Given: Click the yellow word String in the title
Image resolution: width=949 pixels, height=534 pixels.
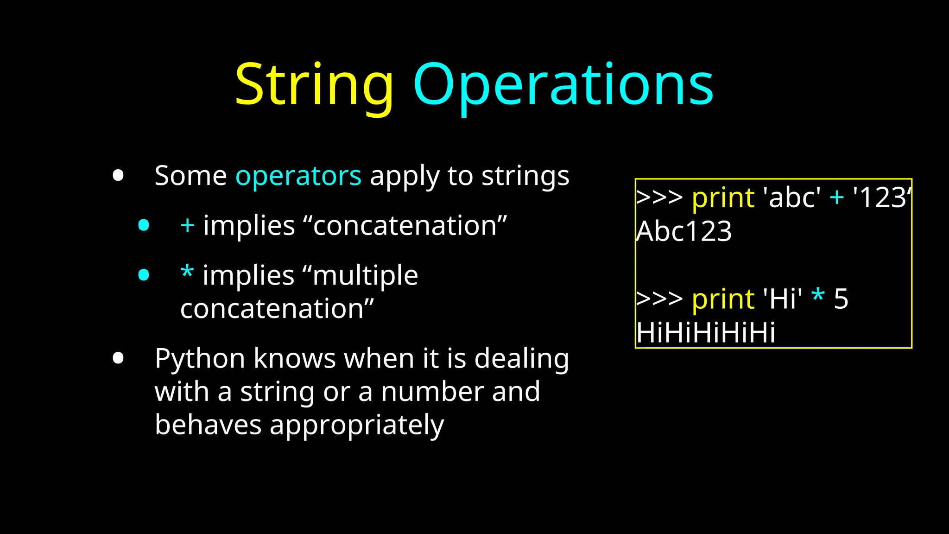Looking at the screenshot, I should click(314, 86).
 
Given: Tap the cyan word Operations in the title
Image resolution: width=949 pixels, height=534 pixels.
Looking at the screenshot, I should click(563, 86).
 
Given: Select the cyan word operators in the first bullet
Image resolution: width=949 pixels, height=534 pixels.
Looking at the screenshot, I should click(298, 177).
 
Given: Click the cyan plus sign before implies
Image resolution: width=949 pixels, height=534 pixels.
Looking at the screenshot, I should click(187, 226).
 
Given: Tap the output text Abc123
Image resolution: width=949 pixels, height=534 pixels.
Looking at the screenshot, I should click(684, 231).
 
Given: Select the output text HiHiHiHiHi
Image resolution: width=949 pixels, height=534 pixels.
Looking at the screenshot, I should click(706, 333).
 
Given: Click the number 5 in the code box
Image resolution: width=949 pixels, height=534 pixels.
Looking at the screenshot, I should click(841, 299).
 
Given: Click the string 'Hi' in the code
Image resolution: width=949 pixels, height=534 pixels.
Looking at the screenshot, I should click(783, 299).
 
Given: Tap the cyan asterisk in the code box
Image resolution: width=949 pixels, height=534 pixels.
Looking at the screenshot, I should click(818, 296).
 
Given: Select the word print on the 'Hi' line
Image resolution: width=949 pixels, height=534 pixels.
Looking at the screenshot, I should click(723, 300).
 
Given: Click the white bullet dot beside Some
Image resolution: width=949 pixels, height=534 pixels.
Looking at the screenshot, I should click(118, 176).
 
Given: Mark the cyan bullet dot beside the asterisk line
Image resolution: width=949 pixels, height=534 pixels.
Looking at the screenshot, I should click(144, 275).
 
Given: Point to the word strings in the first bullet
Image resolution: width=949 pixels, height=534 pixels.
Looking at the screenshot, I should click(525, 177).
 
